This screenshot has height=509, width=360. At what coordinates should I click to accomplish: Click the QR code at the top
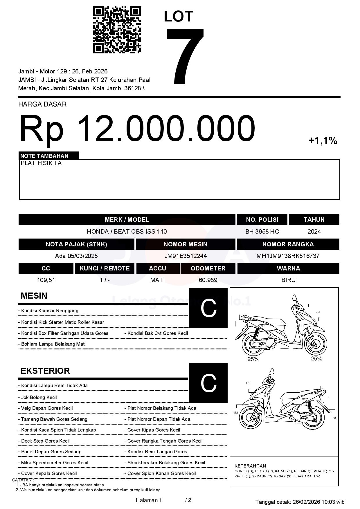[x=117, y=30]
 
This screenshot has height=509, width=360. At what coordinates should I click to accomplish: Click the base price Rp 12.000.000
[x=137, y=128]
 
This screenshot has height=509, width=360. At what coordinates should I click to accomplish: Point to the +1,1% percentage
[x=323, y=141]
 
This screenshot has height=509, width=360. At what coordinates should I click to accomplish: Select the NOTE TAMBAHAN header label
[x=44, y=156]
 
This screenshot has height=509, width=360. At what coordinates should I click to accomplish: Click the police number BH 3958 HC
[x=262, y=232]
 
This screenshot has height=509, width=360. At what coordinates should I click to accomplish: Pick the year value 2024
[x=314, y=232]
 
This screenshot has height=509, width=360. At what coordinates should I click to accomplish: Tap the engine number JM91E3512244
[x=186, y=256]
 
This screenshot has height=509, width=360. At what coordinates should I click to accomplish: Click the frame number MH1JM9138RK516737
[x=288, y=256]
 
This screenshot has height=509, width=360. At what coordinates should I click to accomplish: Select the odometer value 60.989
[x=208, y=280]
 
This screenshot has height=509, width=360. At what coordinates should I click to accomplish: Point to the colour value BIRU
[x=288, y=280]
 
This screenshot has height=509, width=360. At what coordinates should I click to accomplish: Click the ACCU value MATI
[x=157, y=280]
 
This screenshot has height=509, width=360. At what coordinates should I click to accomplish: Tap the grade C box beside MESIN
[x=208, y=308]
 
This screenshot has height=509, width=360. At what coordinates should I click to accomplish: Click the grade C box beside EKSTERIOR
[x=208, y=383]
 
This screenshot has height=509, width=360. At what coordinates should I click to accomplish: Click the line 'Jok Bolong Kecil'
[x=39, y=397]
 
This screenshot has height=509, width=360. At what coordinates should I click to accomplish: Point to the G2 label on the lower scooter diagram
[x=236, y=413]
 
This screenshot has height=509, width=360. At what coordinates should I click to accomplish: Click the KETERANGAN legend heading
[x=250, y=466]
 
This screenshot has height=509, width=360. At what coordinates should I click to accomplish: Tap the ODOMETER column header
[x=208, y=268]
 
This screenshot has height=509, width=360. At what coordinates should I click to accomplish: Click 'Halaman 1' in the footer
[x=149, y=500]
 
